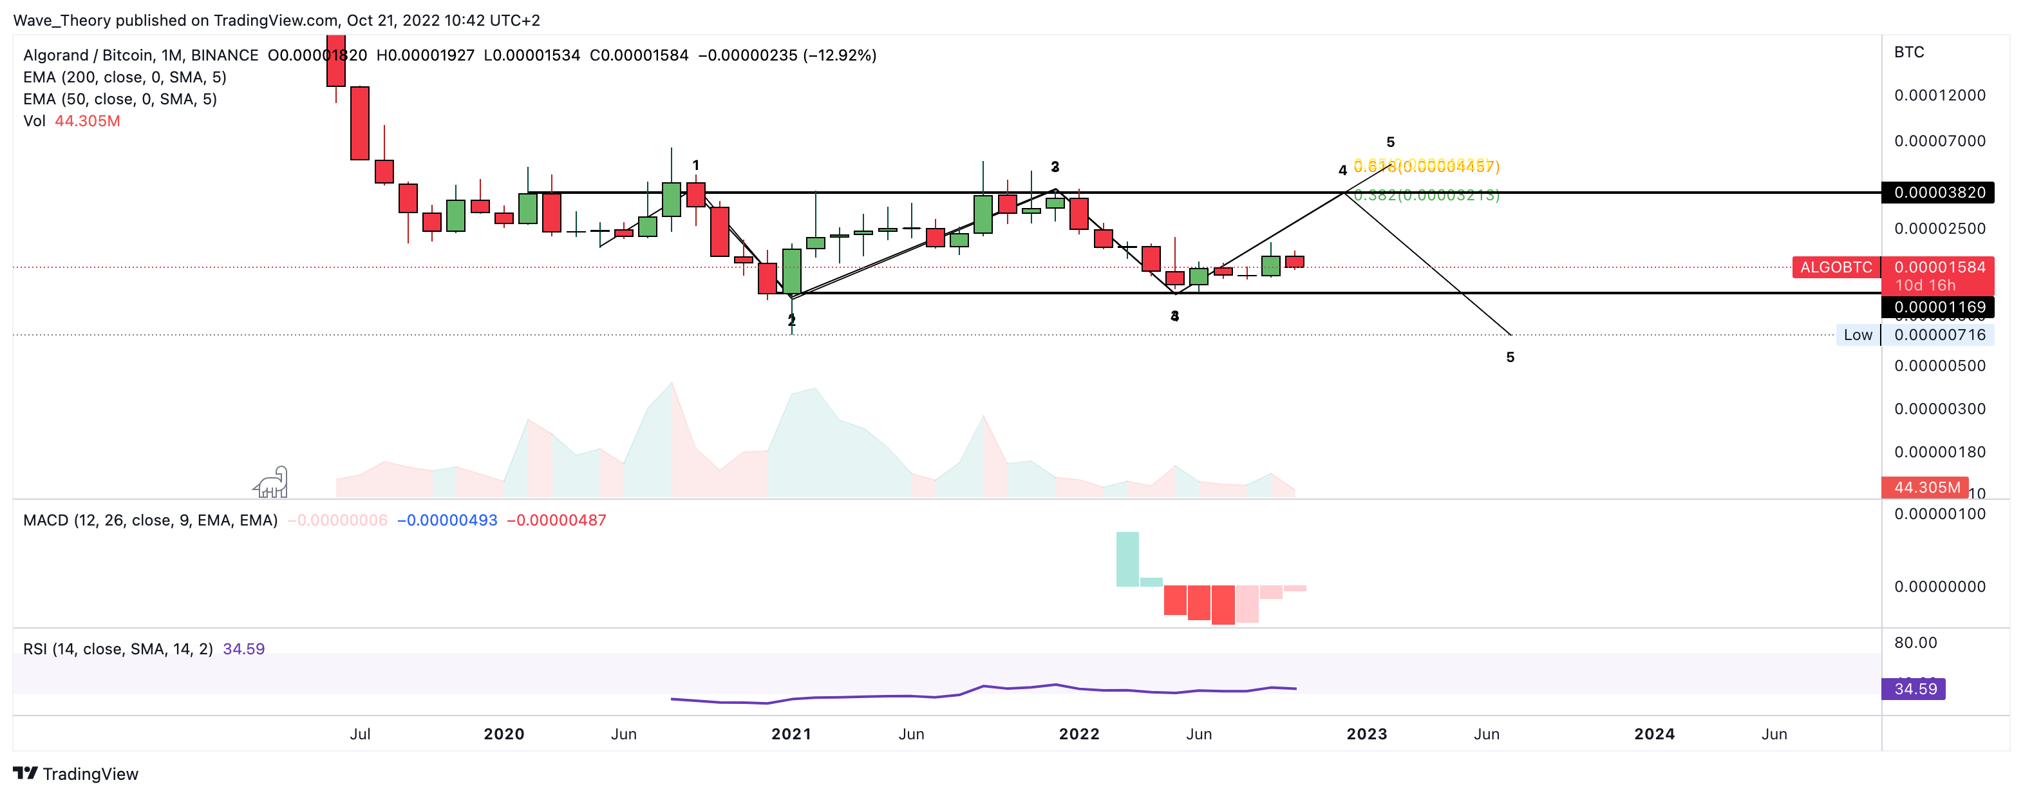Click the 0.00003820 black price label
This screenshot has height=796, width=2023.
click(1938, 193)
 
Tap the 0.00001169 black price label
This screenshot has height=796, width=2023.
click(1938, 307)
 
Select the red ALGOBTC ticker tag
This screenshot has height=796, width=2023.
click(1835, 267)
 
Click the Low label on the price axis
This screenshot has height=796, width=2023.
click(1858, 335)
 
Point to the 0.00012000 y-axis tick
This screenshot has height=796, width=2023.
click(1939, 95)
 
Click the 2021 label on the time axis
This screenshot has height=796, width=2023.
click(791, 734)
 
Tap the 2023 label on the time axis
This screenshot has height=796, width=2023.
click(1366, 734)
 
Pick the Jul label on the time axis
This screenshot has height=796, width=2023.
click(360, 734)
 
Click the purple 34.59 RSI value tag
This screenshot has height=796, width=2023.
click(1915, 689)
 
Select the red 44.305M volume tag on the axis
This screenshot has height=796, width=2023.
click(1926, 487)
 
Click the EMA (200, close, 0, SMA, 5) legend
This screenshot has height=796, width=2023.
click(125, 77)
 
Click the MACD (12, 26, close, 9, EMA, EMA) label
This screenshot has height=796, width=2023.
click(150, 520)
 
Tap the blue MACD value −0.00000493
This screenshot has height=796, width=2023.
click(447, 520)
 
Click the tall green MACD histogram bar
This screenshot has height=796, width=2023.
click(1127, 559)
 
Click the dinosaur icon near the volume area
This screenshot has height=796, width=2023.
click(272, 482)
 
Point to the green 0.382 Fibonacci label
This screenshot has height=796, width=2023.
click(1426, 195)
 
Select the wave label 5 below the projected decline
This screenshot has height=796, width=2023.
click(1509, 357)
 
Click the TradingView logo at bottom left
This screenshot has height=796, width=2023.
click(75, 774)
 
